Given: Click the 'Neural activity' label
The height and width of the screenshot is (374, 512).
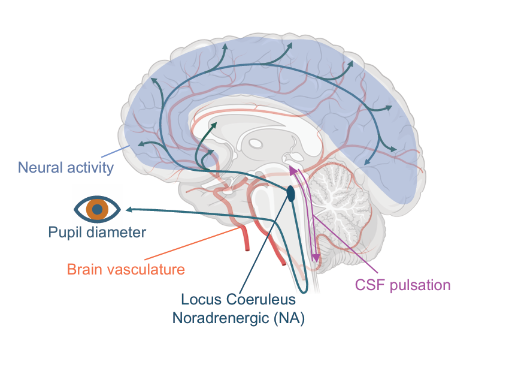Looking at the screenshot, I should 66,167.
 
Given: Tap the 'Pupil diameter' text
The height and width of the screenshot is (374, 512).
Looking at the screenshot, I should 97,231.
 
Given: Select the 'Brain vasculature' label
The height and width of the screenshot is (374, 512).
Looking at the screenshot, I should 126,269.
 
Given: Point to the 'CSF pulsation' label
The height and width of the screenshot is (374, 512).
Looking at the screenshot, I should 402,285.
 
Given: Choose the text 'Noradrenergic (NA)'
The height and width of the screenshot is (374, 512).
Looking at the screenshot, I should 238,319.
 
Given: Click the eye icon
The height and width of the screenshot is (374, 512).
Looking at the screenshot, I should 97,209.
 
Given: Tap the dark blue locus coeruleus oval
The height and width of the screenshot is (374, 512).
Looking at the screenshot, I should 291,194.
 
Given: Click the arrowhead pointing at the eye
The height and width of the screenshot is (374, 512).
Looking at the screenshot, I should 128,209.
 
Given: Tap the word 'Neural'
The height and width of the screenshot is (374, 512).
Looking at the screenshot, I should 38,167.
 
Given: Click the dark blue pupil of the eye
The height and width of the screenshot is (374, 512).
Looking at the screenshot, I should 97,209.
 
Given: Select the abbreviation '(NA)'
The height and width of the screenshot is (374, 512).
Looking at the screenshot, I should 289,319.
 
